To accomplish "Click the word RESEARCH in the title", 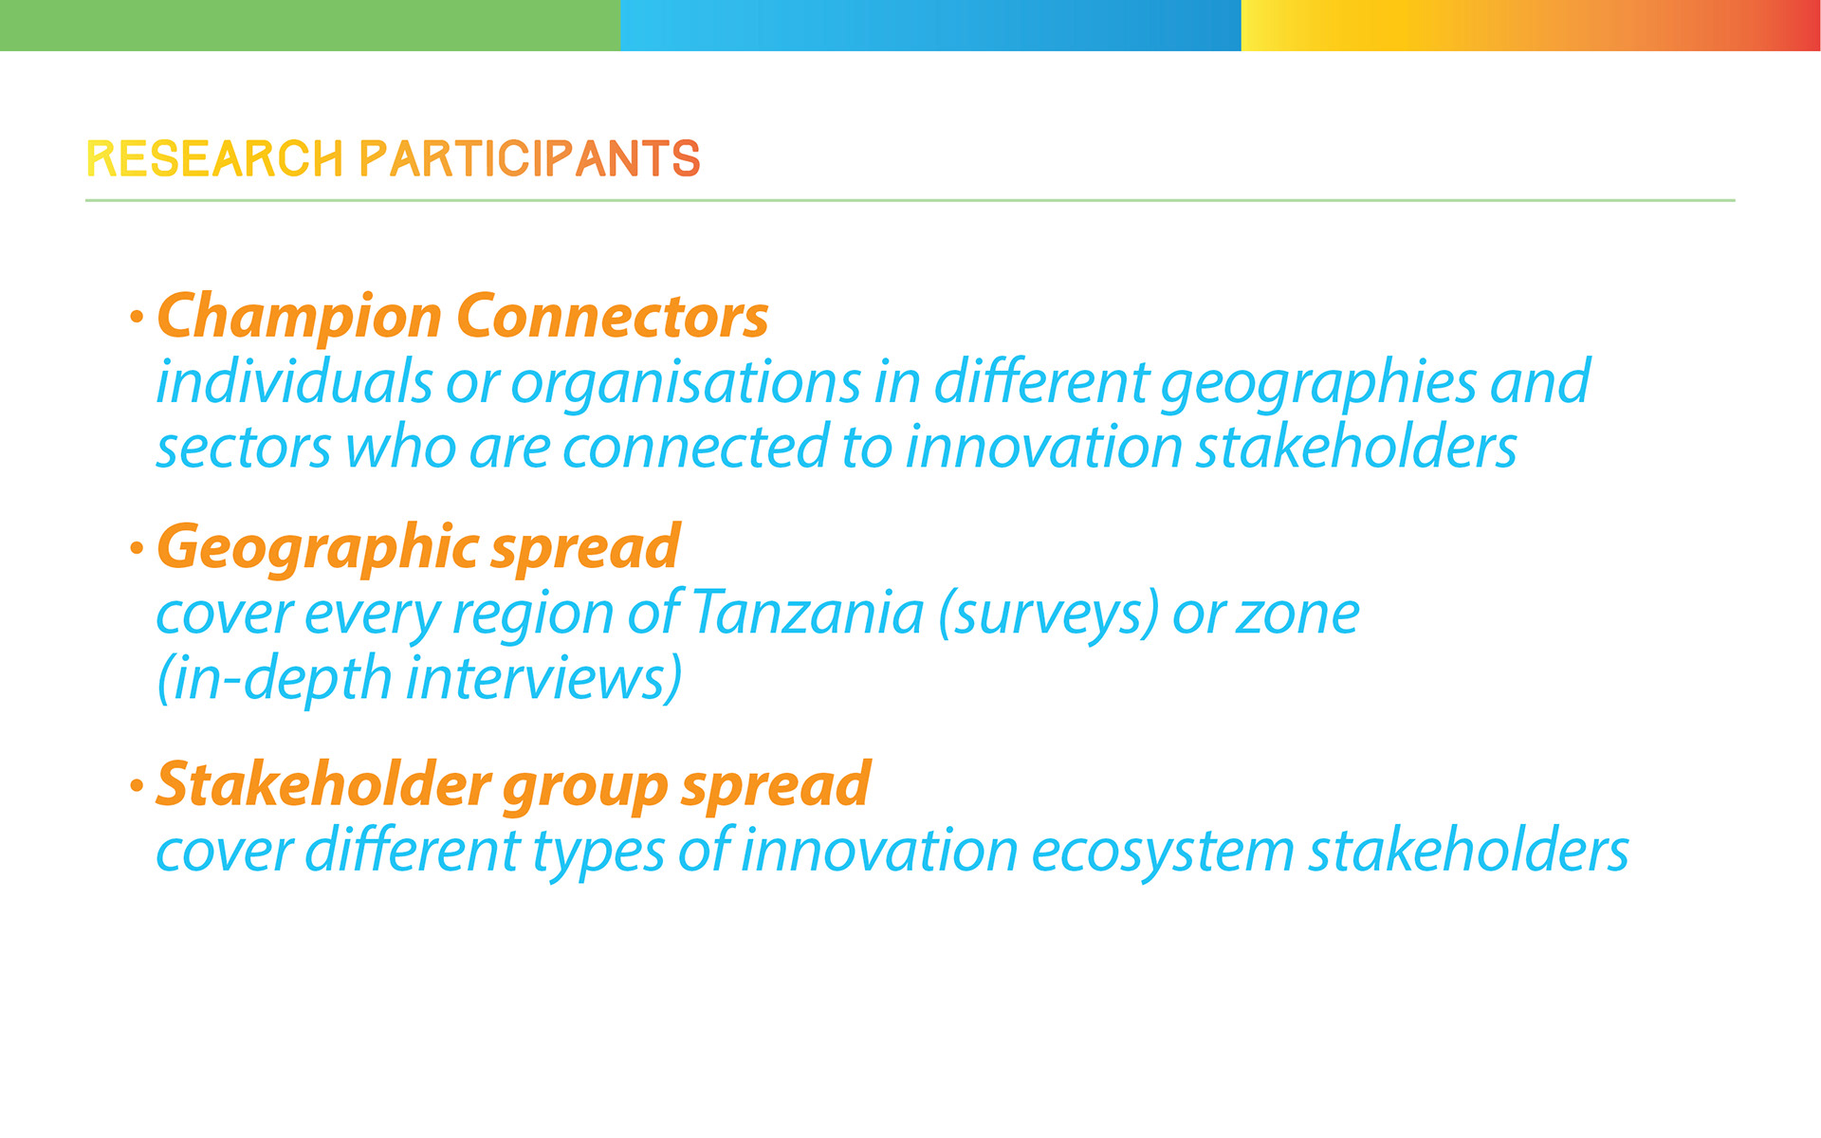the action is click(214, 158).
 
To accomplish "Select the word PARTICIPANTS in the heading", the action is click(530, 158).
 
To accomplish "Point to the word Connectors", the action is click(613, 316).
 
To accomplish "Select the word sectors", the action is click(244, 448).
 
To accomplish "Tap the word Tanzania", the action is click(808, 613).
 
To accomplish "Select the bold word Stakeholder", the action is click(323, 785).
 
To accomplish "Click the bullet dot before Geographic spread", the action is click(138, 548).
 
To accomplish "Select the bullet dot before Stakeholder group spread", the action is click(138, 785).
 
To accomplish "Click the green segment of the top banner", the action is click(310, 25).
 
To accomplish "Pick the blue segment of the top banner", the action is click(930, 25).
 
